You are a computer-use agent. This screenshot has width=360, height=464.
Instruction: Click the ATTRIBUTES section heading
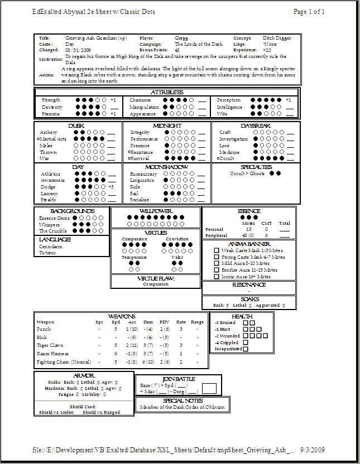[167, 92]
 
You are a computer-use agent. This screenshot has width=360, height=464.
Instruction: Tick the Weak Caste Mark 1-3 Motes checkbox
[217, 251]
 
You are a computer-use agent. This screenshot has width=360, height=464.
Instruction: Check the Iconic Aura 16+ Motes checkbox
[217, 276]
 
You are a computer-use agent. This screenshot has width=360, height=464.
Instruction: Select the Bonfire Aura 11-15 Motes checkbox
[217, 270]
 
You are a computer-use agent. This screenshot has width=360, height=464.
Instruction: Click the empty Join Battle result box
[209, 388]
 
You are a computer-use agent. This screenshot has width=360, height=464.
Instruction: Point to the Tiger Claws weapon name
[49, 345]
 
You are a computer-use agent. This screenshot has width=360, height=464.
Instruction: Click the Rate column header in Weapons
[181, 322]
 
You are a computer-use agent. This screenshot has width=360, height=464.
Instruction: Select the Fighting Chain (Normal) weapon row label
[60, 362]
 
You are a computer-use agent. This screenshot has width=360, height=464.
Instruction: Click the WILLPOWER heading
[155, 211]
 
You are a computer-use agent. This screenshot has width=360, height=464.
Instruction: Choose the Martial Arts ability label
[53, 139]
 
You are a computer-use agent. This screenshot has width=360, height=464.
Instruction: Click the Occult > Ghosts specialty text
[247, 173]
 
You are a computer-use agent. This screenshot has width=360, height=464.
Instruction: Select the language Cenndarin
[51, 246]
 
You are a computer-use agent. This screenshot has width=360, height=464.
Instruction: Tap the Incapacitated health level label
[228, 349]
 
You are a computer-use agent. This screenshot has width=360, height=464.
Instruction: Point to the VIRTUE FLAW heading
[156, 278]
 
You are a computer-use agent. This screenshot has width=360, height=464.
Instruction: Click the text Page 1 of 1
[309, 12]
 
